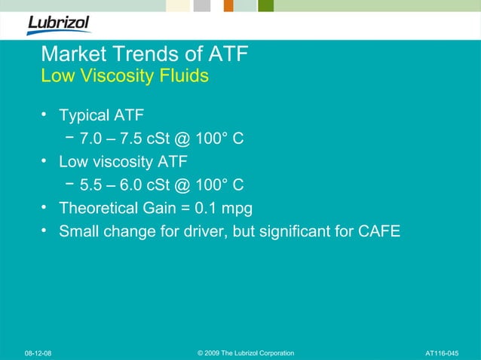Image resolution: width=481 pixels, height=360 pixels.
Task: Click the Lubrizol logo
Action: point(58,24)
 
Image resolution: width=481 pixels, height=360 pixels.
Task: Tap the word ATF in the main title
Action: point(225,55)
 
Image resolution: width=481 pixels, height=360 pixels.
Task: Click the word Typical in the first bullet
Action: point(84,117)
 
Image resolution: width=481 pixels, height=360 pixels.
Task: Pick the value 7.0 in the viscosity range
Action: point(92,139)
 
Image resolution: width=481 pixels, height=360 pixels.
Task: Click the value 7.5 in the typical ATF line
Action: point(132,139)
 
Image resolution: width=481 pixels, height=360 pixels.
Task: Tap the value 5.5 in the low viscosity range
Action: point(92,185)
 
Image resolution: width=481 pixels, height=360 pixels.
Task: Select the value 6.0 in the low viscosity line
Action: point(132,185)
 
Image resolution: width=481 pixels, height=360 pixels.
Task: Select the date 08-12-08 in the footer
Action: point(38,353)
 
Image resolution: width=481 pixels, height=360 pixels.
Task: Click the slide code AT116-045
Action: point(442,353)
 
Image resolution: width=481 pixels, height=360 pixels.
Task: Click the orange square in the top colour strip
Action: point(228,6)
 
